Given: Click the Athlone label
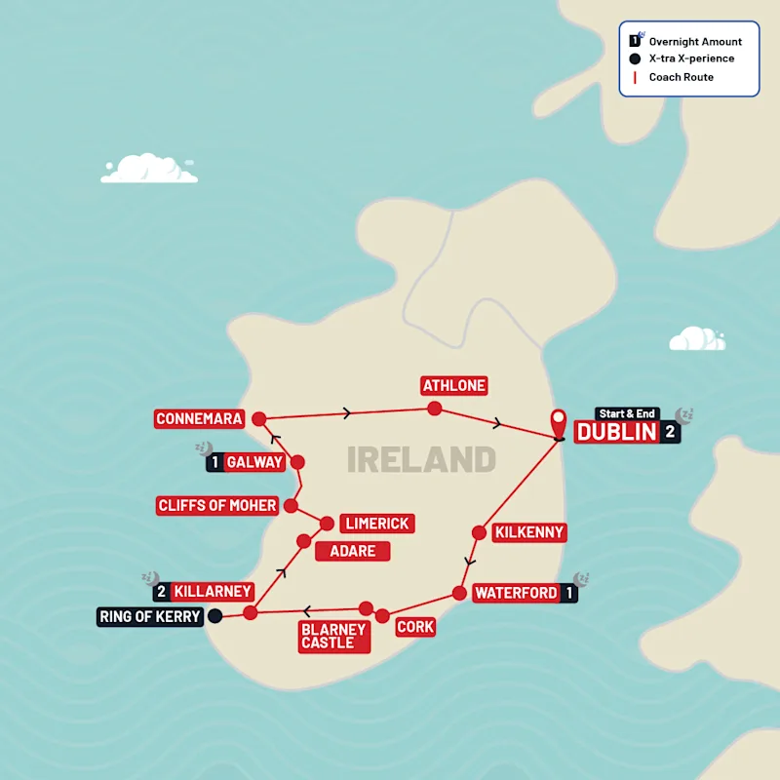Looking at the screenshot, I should pyautogui.click(x=453, y=385).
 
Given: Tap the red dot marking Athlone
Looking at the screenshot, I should pyautogui.click(x=434, y=409).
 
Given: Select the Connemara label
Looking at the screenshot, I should pyautogui.click(x=199, y=419).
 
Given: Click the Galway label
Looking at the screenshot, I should pyautogui.click(x=255, y=462).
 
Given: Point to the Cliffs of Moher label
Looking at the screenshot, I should pyautogui.click(x=216, y=506).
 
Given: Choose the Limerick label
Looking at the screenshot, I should pyautogui.click(x=375, y=524).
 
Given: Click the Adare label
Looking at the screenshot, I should pyautogui.click(x=352, y=551).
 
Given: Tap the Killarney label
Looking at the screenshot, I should pyautogui.click(x=214, y=591).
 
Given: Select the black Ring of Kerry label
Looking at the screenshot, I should pyautogui.click(x=150, y=616).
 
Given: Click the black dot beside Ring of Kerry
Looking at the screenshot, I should pyautogui.click(x=215, y=615).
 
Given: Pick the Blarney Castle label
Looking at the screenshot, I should pyautogui.click(x=332, y=636).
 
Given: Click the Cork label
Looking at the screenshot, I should pyautogui.click(x=415, y=627).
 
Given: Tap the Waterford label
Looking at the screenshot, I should pyautogui.click(x=516, y=593).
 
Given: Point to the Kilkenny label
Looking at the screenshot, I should pyautogui.click(x=529, y=533).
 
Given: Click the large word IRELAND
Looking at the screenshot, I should pyautogui.click(x=421, y=459).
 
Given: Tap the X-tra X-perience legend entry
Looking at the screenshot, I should pyautogui.click(x=691, y=58).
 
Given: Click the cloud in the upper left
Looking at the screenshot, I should pyautogui.click(x=149, y=169).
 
